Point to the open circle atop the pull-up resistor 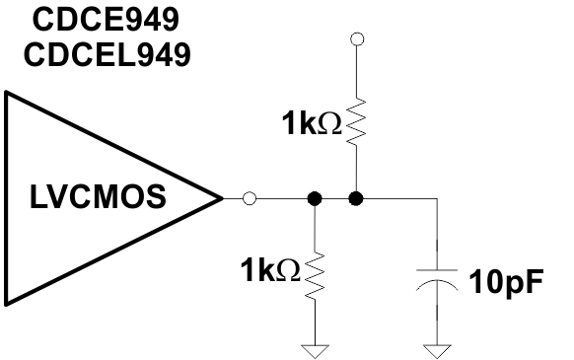click(x=357, y=39)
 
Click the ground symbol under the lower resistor click(x=315, y=347)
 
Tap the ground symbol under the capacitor click(x=435, y=347)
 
